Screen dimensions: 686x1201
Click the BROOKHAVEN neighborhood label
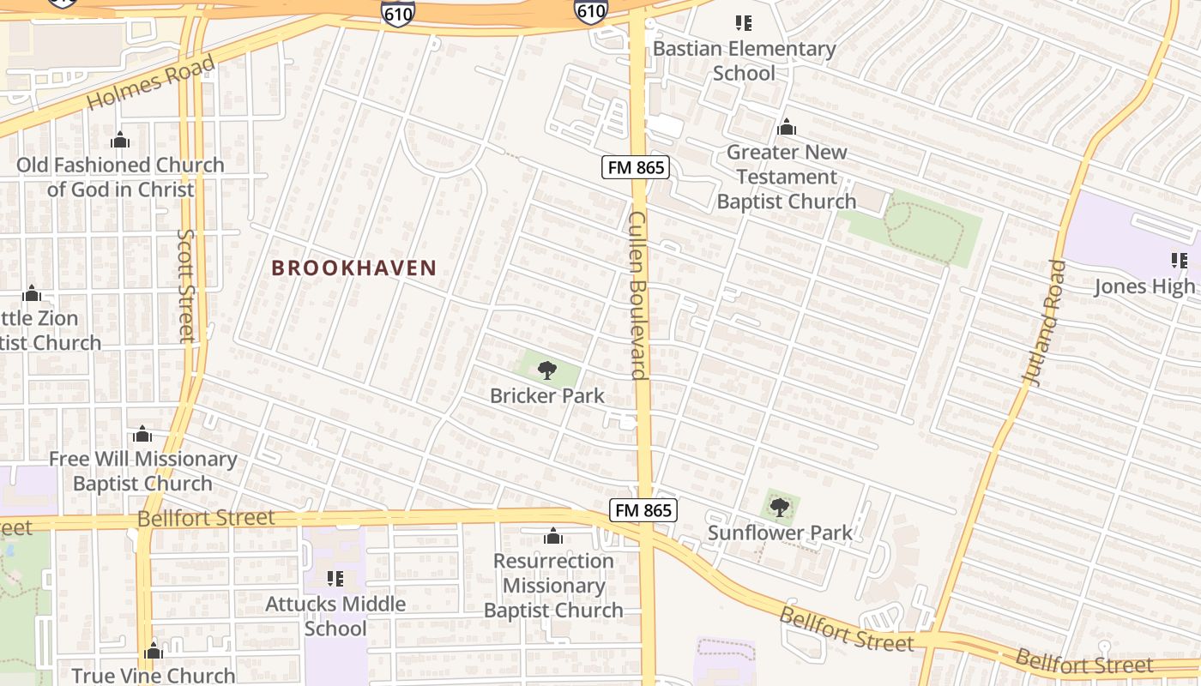(x=354, y=268)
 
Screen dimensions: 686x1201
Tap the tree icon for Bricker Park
(x=546, y=370)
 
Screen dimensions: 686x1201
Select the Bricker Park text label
(x=547, y=396)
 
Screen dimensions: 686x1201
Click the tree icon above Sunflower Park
(x=779, y=508)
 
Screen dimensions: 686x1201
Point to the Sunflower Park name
(x=780, y=533)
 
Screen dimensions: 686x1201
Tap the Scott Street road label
(x=187, y=285)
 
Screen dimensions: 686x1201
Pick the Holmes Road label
(x=151, y=83)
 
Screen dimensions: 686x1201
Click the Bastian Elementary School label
(x=744, y=61)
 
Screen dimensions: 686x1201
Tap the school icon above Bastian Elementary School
(x=744, y=23)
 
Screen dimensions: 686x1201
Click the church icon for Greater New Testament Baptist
(x=786, y=129)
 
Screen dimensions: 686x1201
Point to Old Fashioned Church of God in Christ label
(x=120, y=177)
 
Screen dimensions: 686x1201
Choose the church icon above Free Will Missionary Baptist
(x=142, y=435)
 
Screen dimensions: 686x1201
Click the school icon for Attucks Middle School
(x=335, y=579)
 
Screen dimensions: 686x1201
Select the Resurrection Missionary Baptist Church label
(x=553, y=586)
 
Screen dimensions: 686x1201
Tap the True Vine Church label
(x=154, y=675)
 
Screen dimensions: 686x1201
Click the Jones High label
(x=1144, y=286)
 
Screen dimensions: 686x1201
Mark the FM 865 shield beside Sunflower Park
(x=643, y=511)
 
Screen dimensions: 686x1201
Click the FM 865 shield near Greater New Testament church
(x=636, y=167)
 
